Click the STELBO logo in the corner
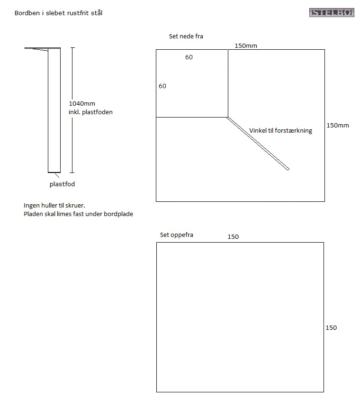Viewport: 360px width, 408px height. point(332,12)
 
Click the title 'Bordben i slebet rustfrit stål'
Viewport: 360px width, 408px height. point(59,13)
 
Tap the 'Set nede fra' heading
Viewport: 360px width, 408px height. point(186,36)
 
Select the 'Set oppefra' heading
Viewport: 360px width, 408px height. point(177,235)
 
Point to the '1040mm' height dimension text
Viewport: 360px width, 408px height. point(82,104)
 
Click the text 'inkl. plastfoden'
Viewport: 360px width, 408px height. point(90,112)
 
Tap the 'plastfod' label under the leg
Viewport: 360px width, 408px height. point(62,184)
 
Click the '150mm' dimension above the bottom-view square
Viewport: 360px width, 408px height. point(246,46)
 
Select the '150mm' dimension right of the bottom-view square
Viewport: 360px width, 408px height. point(338,126)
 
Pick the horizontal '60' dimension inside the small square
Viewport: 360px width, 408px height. point(189,57)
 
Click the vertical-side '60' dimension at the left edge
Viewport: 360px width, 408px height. point(162,86)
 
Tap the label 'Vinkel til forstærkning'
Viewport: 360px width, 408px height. point(281,131)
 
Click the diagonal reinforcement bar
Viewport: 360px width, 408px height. point(258,144)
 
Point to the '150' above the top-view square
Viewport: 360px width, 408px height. point(233,237)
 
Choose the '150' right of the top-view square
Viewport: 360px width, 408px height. point(331,328)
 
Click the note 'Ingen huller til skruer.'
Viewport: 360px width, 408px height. point(54,206)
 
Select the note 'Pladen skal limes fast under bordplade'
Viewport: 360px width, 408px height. point(78,214)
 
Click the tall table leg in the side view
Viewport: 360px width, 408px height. point(54,110)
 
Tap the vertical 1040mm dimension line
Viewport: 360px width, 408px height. point(72,110)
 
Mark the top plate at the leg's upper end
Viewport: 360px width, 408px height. point(43,49)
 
